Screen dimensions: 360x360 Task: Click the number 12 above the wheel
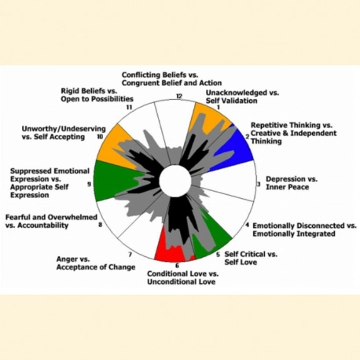point(179,96)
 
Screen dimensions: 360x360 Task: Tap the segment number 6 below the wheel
point(177,266)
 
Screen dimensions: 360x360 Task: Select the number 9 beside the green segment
point(89,184)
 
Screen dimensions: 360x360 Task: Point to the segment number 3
point(259,184)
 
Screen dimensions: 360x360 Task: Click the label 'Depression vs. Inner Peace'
point(292,183)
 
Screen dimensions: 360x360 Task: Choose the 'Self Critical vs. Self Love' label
point(251,258)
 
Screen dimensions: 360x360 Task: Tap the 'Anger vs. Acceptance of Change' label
point(96,263)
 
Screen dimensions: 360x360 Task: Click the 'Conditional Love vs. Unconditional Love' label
point(182,277)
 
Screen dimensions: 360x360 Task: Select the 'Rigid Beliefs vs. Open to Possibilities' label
point(97,95)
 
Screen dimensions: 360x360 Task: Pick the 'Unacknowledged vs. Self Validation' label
point(242,97)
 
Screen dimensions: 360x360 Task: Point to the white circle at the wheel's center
point(175,181)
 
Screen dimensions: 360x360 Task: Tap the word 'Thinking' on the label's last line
point(266,141)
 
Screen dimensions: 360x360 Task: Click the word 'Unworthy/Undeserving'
point(64,129)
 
